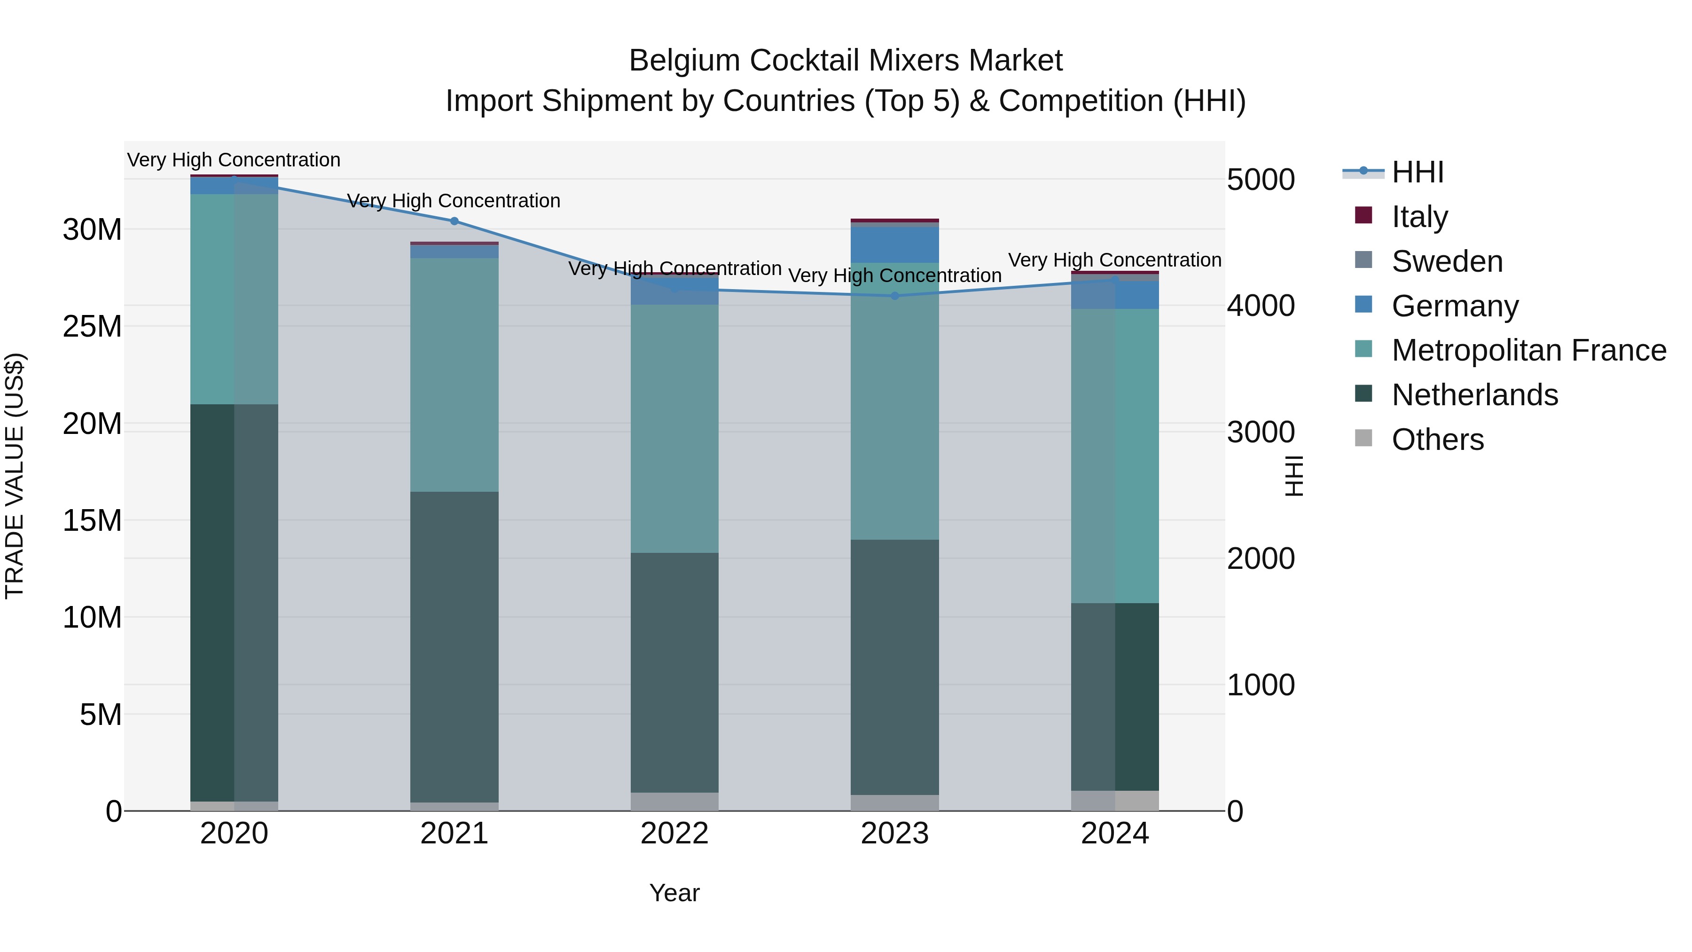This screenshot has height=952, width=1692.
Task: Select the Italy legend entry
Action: [x=1419, y=217]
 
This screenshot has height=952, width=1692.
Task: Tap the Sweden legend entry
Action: [x=1446, y=261]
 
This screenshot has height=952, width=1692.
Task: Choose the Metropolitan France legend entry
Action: [x=1528, y=350]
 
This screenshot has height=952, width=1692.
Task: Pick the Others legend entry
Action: [x=1437, y=440]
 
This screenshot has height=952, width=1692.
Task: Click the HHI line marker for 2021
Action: [x=454, y=221]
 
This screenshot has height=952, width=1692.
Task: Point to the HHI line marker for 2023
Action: [x=894, y=296]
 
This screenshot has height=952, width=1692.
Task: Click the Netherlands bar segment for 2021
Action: [x=454, y=647]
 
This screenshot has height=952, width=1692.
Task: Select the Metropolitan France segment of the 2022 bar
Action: [x=674, y=428]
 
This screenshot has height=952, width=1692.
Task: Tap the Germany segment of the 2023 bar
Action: [x=894, y=245]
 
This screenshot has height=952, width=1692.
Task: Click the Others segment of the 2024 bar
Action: [x=1115, y=801]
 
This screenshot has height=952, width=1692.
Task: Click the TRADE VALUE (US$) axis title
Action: [x=15, y=476]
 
